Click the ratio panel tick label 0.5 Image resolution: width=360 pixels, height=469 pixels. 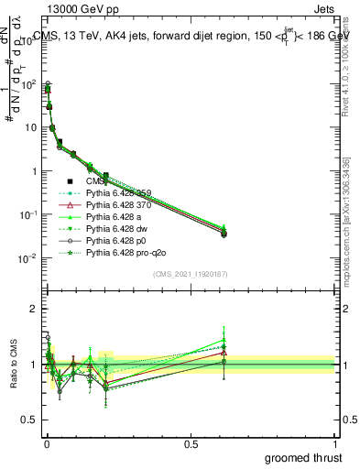click(28, 422)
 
